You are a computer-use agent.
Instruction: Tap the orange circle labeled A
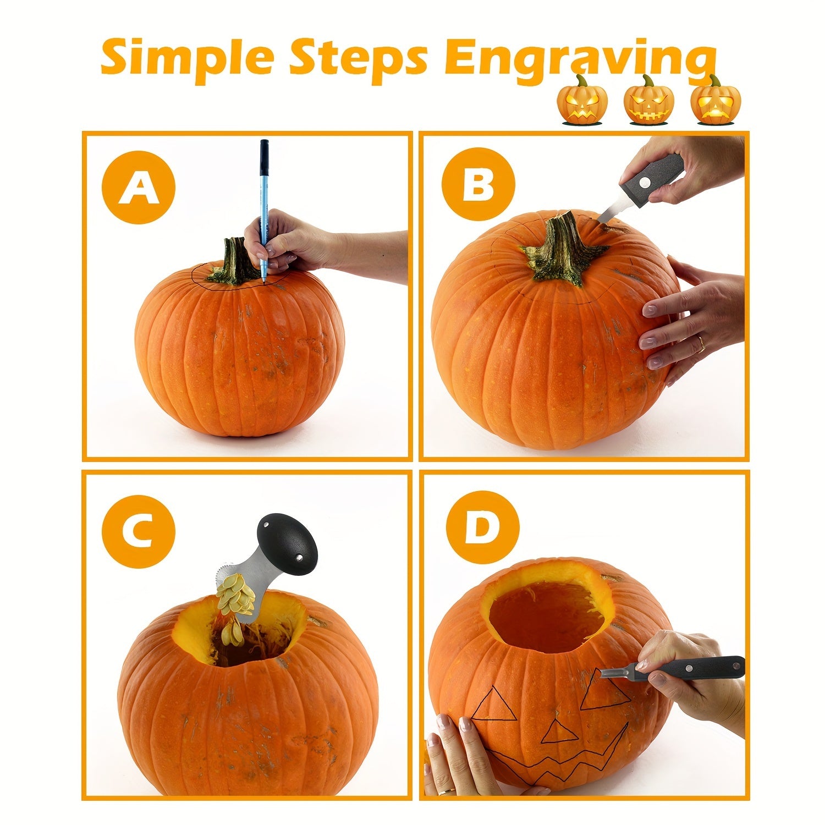click(138, 187)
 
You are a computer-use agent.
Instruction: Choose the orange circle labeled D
click(482, 527)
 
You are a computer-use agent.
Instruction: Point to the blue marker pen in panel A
click(263, 193)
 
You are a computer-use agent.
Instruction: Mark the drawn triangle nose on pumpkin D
click(557, 733)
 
